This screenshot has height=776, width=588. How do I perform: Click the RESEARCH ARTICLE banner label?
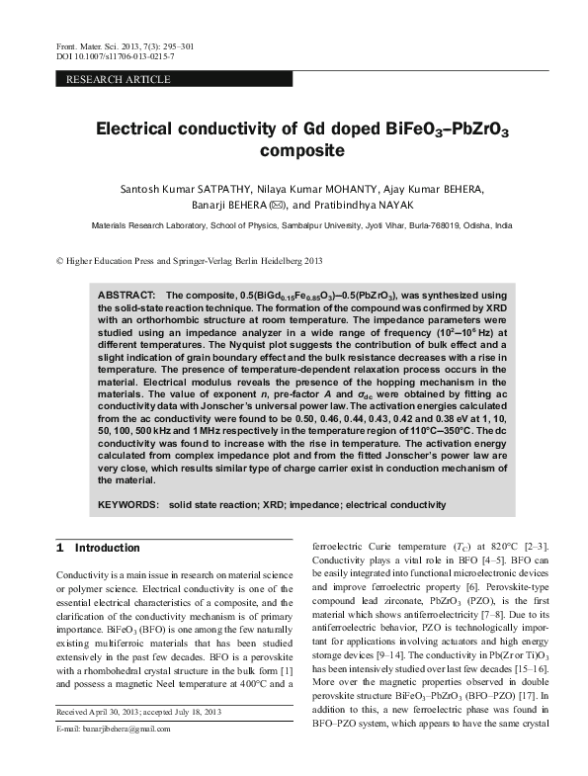tap(118, 79)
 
